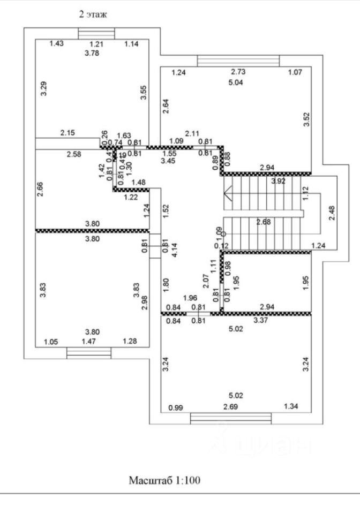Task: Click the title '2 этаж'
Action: click(x=93, y=14)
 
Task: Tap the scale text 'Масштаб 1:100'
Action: click(x=164, y=480)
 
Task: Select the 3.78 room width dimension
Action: click(x=93, y=53)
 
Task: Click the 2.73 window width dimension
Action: click(x=238, y=72)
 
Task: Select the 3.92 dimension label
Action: click(x=278, y=181)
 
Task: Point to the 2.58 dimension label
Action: click(x=74, y=154)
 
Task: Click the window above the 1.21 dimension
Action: click(x=93, y=33)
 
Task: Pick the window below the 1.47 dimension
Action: click(x=89, y=352)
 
